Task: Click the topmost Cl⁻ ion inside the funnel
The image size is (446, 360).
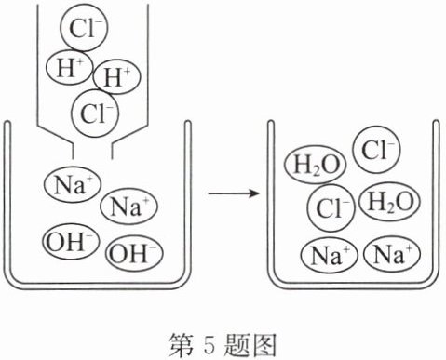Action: click(x=84, y=28)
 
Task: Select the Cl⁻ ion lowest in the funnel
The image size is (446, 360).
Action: click(x=95, y=113)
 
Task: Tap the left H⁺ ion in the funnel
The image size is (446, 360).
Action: click(x=70, y=67)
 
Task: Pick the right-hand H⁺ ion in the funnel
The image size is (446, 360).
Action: click(x=116, y=76)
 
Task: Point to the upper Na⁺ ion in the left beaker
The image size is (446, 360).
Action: click(x=73, y=185)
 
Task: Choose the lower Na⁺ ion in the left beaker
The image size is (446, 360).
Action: click(x=129, y=207)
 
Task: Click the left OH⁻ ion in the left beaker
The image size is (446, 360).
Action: click(x=71, y=241)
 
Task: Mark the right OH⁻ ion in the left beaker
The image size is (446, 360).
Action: click(x=134, y=253)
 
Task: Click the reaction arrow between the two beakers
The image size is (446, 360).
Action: click(x=234, y=193)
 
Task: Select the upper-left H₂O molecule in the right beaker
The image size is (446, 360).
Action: click(x=316, y=165)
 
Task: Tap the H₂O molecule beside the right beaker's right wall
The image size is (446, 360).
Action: click(x=390, y=202)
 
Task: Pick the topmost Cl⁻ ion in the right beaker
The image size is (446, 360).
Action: click(x=376, y=150)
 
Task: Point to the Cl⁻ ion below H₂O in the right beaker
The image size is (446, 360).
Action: click(x=331, y=207)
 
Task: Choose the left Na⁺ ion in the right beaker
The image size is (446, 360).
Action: click(x=330, y=255)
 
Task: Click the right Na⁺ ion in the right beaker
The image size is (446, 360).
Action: click(x=392, y=254)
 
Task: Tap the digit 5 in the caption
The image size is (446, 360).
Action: click(x=209, y=344)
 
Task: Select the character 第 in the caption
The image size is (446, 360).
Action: click(x=181, y=344)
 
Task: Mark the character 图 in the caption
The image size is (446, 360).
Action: click(x=264, y=344)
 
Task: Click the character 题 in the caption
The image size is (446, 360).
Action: click(x=237, y=344)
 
